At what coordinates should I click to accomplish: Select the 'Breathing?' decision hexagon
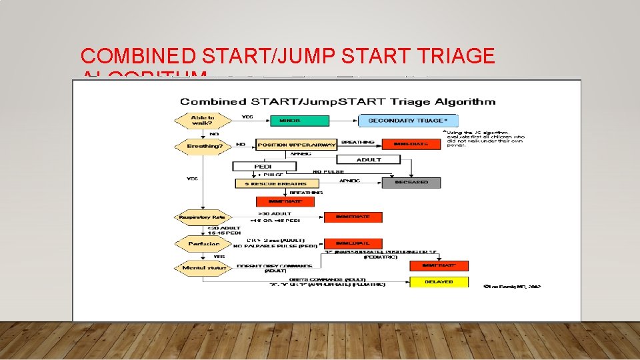click(203, 145)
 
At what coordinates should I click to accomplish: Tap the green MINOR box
click(299, 121)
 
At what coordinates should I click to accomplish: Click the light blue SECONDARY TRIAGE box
click(408, 121)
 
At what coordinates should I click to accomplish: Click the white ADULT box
click(368, 159)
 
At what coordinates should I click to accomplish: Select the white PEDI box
click(263, 166)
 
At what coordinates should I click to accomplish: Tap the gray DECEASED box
click(411, 182)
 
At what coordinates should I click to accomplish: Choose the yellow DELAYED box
click(439, 282)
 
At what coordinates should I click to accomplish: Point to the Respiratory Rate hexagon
click(203, 217)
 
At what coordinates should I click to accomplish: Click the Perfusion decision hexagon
click(203, 244)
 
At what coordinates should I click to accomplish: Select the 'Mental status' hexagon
click(203, 268)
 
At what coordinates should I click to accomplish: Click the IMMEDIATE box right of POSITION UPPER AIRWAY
click(411, 144)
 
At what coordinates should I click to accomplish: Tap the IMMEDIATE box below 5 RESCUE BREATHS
click(285, 201)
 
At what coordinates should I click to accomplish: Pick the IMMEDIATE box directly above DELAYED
click(439, 265)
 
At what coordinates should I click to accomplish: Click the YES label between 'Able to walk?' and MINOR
click(247, 117)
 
